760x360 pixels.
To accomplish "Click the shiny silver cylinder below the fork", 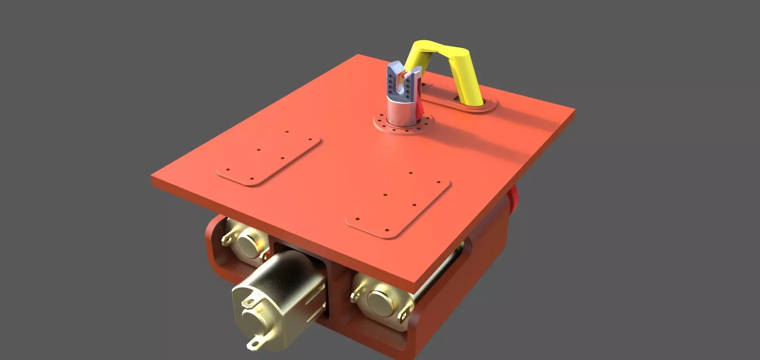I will pyautogui.click(x=400, y=113).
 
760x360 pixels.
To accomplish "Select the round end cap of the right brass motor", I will pyautogui.click(x=382, y=303).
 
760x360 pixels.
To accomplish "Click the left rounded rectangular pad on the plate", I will pyautogui.click(x=269, y=156).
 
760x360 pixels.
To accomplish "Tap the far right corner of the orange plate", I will pyautogui.click(x=574, y=111).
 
